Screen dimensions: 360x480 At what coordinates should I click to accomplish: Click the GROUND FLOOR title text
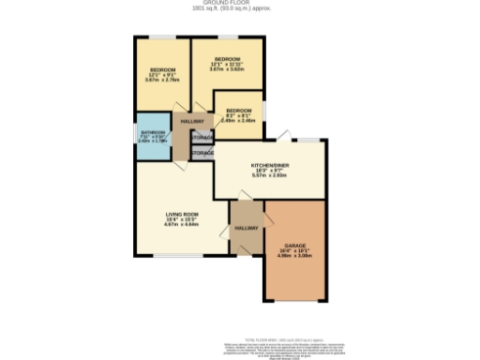240,4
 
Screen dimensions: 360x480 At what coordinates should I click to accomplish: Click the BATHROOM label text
153,132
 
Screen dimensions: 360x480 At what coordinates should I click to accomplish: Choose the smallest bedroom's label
238,110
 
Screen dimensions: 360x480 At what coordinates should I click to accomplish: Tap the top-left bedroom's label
163,70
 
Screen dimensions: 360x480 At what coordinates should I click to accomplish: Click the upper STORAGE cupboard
202,137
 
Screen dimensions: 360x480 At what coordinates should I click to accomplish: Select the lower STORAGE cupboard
202,152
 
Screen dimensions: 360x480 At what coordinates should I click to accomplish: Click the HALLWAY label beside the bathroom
191,121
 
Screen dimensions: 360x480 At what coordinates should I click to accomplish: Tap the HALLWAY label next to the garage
247,228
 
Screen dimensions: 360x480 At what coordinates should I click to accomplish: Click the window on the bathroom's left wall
135,137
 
